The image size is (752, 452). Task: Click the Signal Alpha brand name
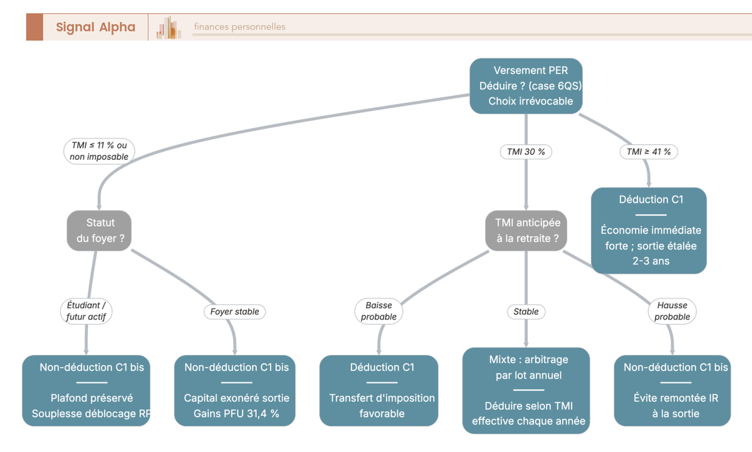[x=96, y=27]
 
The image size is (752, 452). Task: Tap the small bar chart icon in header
[x=169, y=28]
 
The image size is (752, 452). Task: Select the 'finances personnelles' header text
[x=239, y=26]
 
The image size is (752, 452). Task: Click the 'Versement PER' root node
[x=526, y=86]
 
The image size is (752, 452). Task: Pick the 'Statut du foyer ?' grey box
[x=99, y=231]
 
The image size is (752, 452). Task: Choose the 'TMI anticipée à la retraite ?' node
[x=526, y=231]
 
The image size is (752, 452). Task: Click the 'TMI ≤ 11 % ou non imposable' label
[x=99, y=151]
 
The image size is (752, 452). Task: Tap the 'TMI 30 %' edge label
[x=526, y=152]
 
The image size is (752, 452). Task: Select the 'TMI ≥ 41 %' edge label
[x=649, y=152]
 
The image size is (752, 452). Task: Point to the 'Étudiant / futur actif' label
[x=86, y=312]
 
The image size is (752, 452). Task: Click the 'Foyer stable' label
[x=234, y=312]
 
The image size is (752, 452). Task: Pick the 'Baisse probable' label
[x=379, y=312]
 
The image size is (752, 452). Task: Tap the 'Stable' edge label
[x=526, y=312]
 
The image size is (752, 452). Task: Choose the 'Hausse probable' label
[x=672, y=312]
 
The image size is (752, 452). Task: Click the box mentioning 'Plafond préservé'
[x=86, y=391]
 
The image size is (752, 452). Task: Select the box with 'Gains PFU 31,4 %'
[x=234, y=391]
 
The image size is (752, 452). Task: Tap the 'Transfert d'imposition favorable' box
[x=379, y=391]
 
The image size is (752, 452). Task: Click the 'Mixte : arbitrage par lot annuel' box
[x=526, y=391]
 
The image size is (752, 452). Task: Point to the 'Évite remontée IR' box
[x=672, y=391]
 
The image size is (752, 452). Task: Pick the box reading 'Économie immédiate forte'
[x=649, y=231]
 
